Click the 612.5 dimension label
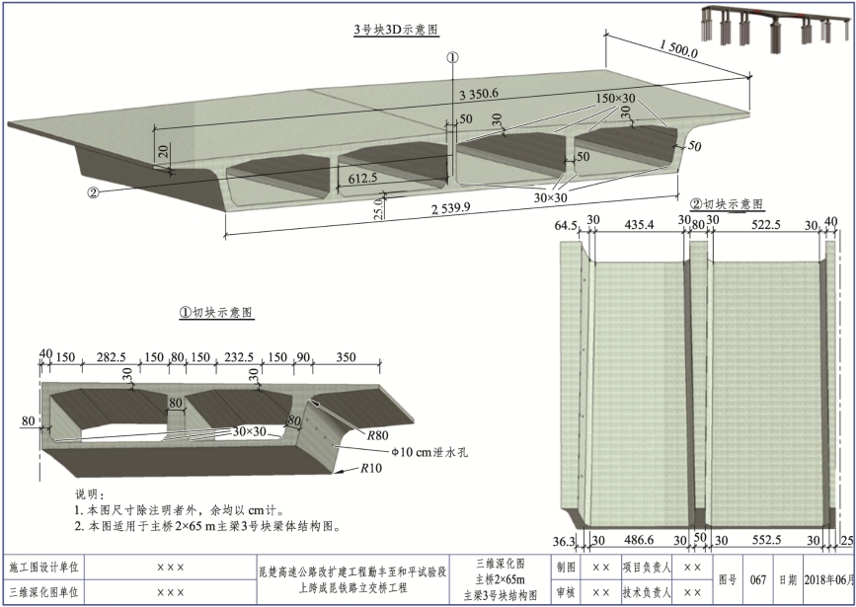(363, 179)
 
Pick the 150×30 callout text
(616, 99)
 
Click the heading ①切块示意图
(215, 312)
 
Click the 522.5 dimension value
(768, 225)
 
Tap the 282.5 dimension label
(109, 356)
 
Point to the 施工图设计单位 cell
(43, 568)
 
